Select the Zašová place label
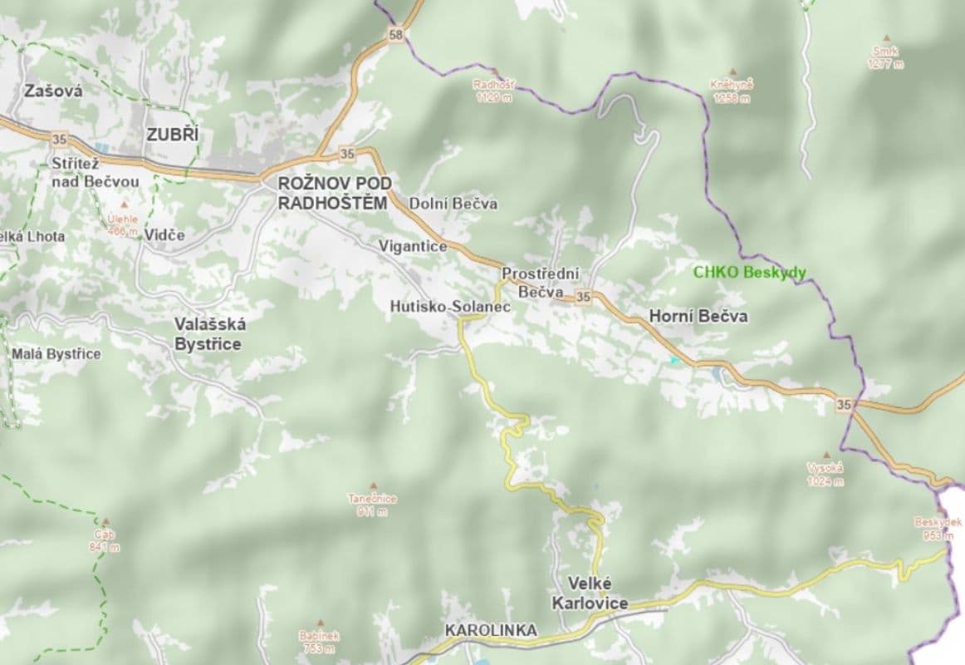click(x=54, y=91)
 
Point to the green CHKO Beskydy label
click(x=750, y=272)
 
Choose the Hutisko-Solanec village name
click(x=449, y=307)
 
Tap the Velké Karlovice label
click(x=598, y=593)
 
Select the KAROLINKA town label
click(x=491, y=630)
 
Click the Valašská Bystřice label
click(x=208, y=333)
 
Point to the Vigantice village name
click(x=413, y=246)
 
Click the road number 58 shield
click(x=396, y=35)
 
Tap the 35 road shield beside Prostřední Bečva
click(x=582, y=297)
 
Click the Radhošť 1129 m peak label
click(x=494, y=91)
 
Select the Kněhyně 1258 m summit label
click(x=732, y=91)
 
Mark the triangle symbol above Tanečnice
click(x=372, y=485)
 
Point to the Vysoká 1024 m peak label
click(x=825, y=474)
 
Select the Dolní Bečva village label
click(x=454, y=204)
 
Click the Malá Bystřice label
click(x=56, y=354)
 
